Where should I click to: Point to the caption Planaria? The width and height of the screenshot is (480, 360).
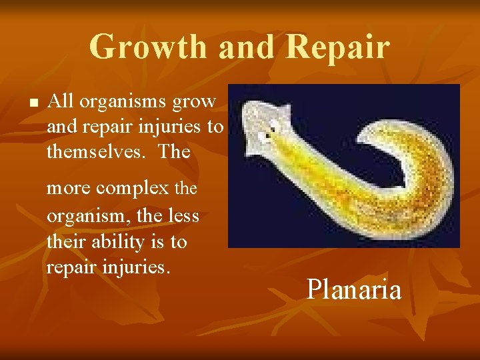(353, 289)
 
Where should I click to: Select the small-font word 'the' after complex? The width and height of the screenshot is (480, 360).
(186, 189)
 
